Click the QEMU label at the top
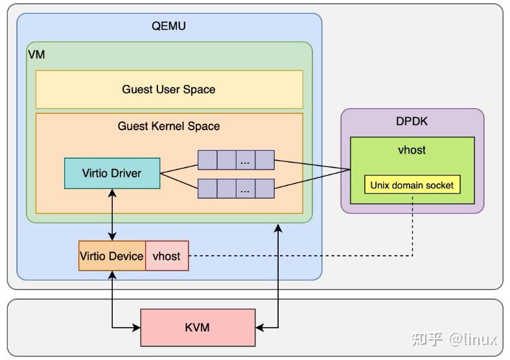click(168, 27)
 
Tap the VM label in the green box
click(36, 54)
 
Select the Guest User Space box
click(168, 89)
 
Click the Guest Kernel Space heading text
click(168, 126)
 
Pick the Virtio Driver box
click(111, 173)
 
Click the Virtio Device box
click(111, 256)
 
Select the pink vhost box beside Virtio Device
click(167, 256)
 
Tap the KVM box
click(197, 327)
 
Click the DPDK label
click(411, 121)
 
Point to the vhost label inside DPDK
click(411, 150)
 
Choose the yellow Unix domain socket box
click(411, 185)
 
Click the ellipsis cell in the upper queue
click(245, 160)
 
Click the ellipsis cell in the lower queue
click(245, 188)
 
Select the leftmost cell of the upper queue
click(207, 160)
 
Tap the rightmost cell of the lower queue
click(264, 188)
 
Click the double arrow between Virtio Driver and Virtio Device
click(112, 215)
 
